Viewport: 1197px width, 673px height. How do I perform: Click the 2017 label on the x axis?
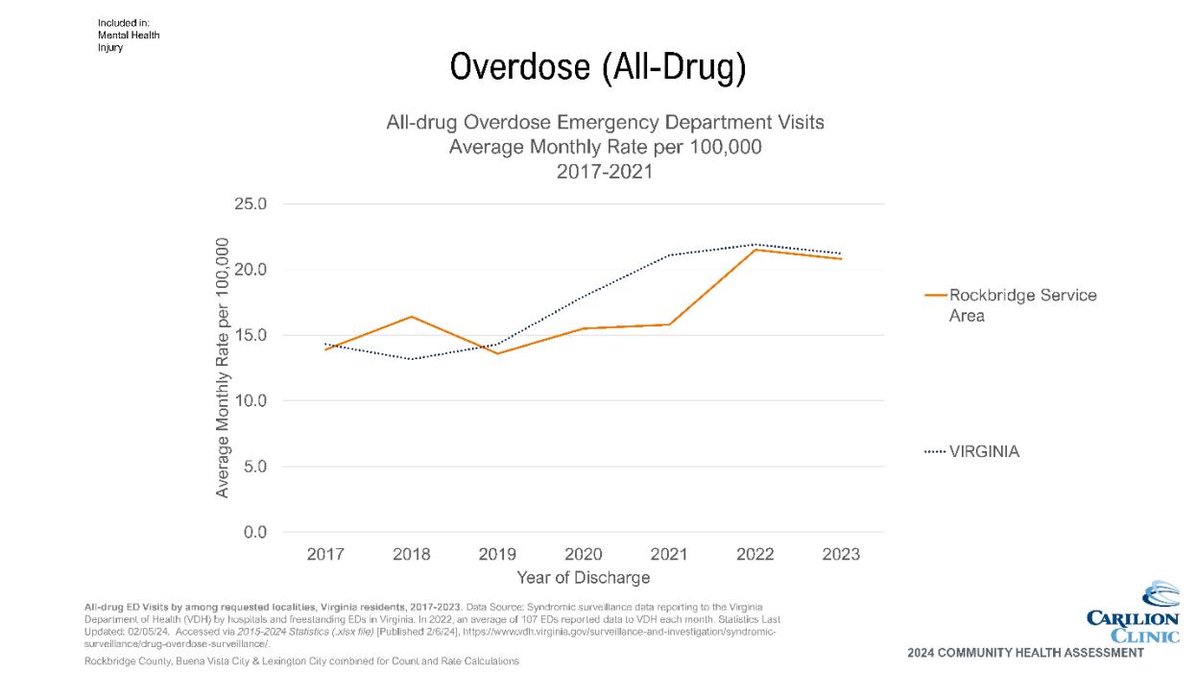pyautogui.click(x=325, y=555)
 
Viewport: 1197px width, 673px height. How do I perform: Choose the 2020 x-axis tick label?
pyautogui.click(x=584, y=555)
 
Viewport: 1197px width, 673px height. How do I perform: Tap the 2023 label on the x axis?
pyautogui.click(x=841, y=555)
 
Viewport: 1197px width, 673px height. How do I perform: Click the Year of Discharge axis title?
pyautogui.click(x=583, y=578)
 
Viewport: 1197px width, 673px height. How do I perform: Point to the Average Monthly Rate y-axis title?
pyautogui.click(x=222, y=368)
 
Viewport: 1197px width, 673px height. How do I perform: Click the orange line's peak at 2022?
pyautogui.click(x=755, y=250)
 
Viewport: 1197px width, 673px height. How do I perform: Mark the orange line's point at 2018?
pyautogui.click(x=412, y=317)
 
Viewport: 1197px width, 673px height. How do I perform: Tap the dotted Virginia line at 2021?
pyautogui.click(x=669, y=255)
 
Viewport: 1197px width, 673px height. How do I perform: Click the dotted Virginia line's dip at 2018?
pyautogui.click(x=412, y=359)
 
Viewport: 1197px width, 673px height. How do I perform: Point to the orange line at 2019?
pyautogui.click(x=497, y=353)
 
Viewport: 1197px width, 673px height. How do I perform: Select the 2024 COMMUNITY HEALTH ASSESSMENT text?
pyautogui.click(x=1024, y=654)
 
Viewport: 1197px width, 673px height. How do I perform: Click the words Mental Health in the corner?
pyautogui.click(x=129, y=36)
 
